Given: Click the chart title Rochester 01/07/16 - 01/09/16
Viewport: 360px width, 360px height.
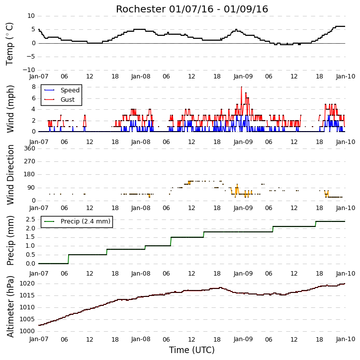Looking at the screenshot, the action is pyautogui.click(x=192, y=9).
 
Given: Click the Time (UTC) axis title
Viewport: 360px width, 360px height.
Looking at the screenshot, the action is pyautogui.click(x=192, y=350).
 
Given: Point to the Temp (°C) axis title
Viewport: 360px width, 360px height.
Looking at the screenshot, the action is pyautogui.click(x=9, y=44).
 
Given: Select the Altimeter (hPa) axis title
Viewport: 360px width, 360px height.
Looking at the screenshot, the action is pyautogui.click(x=10, y=306).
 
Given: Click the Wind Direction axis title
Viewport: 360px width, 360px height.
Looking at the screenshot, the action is pyautogui.click(x=10, y=175).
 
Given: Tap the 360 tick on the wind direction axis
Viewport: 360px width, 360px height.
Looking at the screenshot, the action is pyautogui.click(x=30, y=148).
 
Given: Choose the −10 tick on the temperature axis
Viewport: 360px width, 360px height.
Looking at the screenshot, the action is pyautogui.click(x=28, y=70).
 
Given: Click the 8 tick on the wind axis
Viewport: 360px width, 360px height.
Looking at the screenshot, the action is pyautogui.click(x=33, y=87).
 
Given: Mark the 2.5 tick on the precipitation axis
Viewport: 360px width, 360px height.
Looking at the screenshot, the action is pyautogui.click(x=30, y=219).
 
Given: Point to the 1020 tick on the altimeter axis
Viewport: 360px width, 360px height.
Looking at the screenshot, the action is pyautogui.click(x=27, y=284).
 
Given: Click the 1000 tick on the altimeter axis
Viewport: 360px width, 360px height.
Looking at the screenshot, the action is pyautogui.click(x=27, y=331).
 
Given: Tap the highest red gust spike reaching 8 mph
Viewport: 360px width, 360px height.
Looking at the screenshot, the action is pyautogui.click(x=241, y=87).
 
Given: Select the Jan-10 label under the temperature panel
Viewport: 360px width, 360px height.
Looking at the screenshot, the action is pyautogui.click(x=346, y=76).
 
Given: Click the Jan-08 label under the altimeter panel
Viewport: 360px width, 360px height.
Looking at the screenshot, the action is pyautogui.click(x=141, y=339).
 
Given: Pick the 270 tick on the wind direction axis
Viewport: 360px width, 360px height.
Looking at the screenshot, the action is pyautogui.click(x=30, y=161).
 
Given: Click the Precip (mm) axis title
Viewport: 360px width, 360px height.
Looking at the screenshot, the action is pyautogui.click(x=10, y=241).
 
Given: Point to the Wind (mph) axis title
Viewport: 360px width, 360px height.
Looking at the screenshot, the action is pyautogui.click(x=10, y=109).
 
